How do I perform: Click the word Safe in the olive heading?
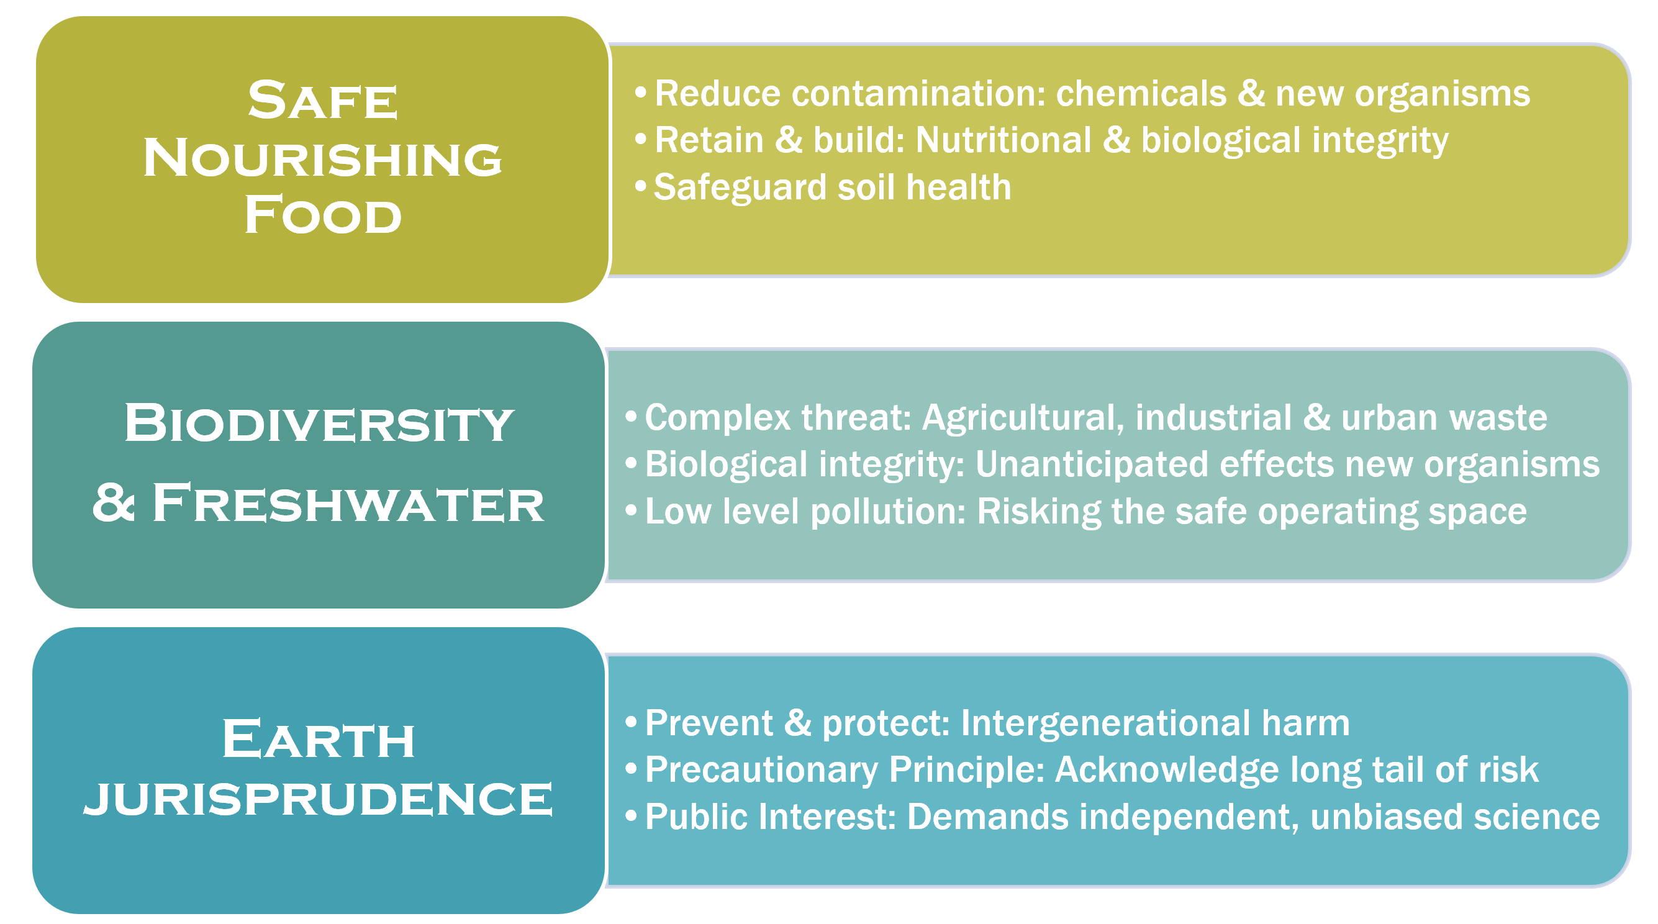point(323,101)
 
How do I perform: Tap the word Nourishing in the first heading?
point(322,158)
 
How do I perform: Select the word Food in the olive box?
point(323,215)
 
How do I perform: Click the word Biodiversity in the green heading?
point(319,423)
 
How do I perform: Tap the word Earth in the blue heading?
point(319,739)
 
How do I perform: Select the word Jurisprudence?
point(319,798)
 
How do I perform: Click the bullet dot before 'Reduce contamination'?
point(640,93)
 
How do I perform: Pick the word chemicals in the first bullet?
point(1142,93)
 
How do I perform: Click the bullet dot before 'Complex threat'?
point(631,417)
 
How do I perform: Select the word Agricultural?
point(1023,419)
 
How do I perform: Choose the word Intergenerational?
point(1106,724)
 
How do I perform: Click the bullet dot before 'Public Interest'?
point(631,816)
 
